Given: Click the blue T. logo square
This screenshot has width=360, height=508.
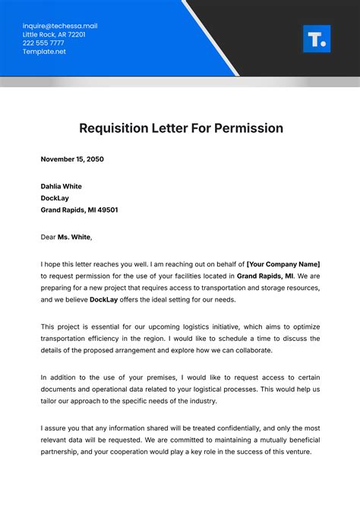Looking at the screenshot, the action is (x=317, y=39).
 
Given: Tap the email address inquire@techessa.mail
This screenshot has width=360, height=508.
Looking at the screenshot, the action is (x=60, y=26).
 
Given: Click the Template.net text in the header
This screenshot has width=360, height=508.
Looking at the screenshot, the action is (x=45, y=51).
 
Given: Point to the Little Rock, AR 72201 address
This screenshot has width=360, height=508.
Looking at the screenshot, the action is (x=54, y=34).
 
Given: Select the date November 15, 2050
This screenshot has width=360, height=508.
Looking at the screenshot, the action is (x=72, y=159).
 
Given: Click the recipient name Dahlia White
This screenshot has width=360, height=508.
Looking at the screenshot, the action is (x=62, y=186).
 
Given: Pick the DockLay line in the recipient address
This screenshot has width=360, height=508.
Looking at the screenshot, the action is (x=56, y=198).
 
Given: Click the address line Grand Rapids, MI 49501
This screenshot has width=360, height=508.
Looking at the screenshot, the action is (x=79, y=210).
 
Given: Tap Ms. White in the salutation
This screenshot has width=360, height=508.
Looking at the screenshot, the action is (x=74, y=237).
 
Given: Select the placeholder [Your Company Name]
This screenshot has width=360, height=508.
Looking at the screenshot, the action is (x=283, y=263).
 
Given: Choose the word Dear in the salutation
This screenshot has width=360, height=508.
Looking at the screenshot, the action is (x=49, y=237).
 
